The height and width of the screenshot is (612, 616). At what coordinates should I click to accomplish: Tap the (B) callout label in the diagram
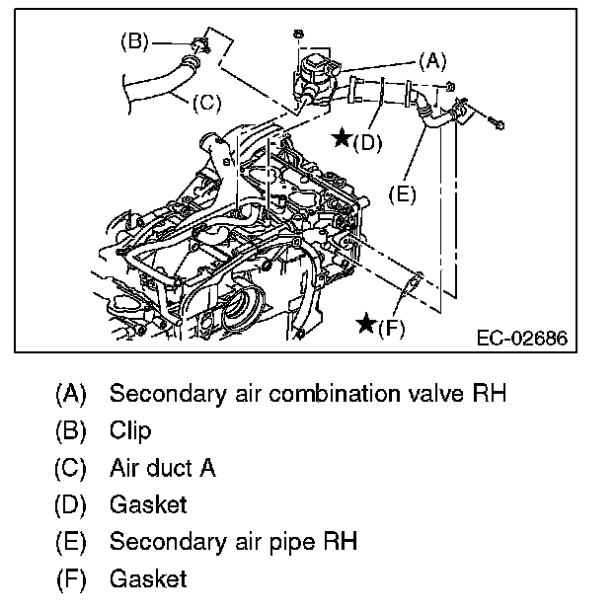click(x=134, y=41)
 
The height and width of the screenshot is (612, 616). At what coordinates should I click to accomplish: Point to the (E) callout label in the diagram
click(x=401, y=194)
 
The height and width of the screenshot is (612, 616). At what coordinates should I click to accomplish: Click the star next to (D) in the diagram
click(x=341, y=139)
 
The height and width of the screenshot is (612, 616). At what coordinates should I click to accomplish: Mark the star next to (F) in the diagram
click(x=366, y=324)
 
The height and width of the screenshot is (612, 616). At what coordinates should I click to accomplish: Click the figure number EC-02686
click(x=521, y=339)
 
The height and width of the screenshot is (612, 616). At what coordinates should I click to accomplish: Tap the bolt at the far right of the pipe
click(x=496, y=125)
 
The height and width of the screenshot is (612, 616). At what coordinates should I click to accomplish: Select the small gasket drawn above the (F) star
click(x=410, y=287)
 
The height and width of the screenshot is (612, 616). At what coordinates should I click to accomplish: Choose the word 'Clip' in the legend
click(x=130, y=431)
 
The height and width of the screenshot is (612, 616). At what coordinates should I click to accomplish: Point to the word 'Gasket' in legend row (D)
click(x=148, y=504)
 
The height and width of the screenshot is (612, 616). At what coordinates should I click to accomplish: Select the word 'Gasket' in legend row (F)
click(x=148, y=578)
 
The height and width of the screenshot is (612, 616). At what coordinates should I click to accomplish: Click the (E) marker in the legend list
click(x=70, y=542)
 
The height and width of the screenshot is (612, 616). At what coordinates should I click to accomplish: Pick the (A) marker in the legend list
click(x=70, y=394)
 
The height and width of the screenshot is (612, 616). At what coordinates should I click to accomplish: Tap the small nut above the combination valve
click(x=297, y=35)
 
